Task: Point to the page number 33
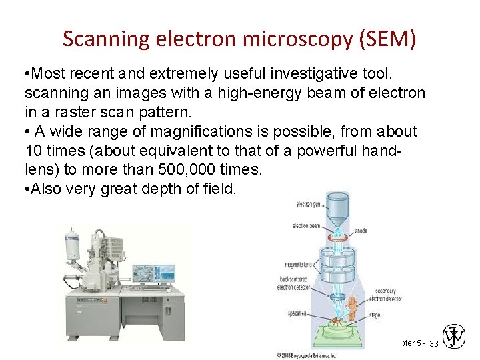pos(434,343)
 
